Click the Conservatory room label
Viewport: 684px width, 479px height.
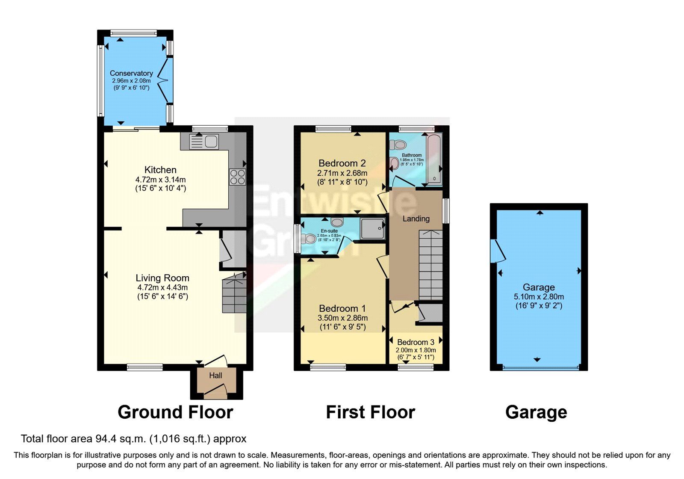pos(131,73)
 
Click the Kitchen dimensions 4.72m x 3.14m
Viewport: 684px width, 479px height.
pos(160,180)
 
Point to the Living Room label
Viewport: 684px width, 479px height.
pos(162,278)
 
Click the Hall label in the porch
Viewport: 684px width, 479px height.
pos(215,376)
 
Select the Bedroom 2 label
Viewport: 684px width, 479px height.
pos(342,163)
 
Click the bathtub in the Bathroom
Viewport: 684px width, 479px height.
pos(434,159)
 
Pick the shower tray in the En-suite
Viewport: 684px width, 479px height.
pos(372,228)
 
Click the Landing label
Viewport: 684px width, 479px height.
pos(416,219)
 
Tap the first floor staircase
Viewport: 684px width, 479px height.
pos(430,265)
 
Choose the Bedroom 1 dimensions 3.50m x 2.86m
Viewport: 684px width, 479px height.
pos(342,318)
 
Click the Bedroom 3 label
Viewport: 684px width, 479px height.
pos(416,342)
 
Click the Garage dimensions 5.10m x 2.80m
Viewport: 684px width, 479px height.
pos(539,296)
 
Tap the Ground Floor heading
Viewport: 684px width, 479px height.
pos(175,412)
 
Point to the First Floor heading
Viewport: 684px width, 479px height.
pos(370,412)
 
